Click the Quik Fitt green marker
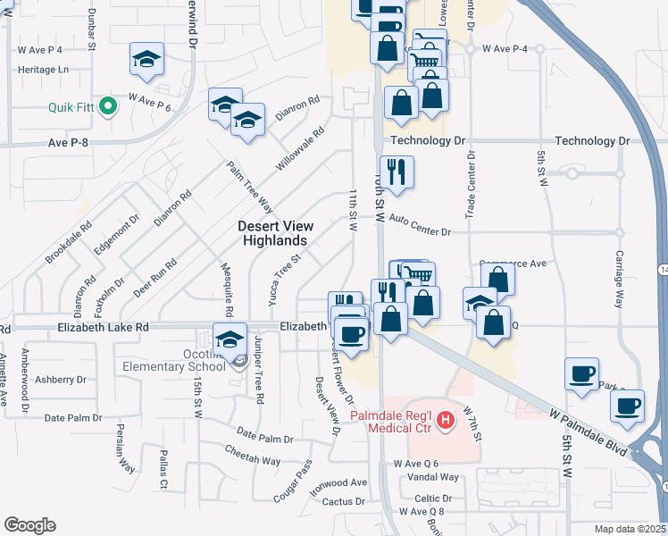(109, 107)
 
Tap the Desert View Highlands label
(273, 233)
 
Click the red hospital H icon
(441, 418)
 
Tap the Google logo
(29, 525)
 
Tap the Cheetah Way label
(253, 460)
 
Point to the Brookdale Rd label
(69, 242)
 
